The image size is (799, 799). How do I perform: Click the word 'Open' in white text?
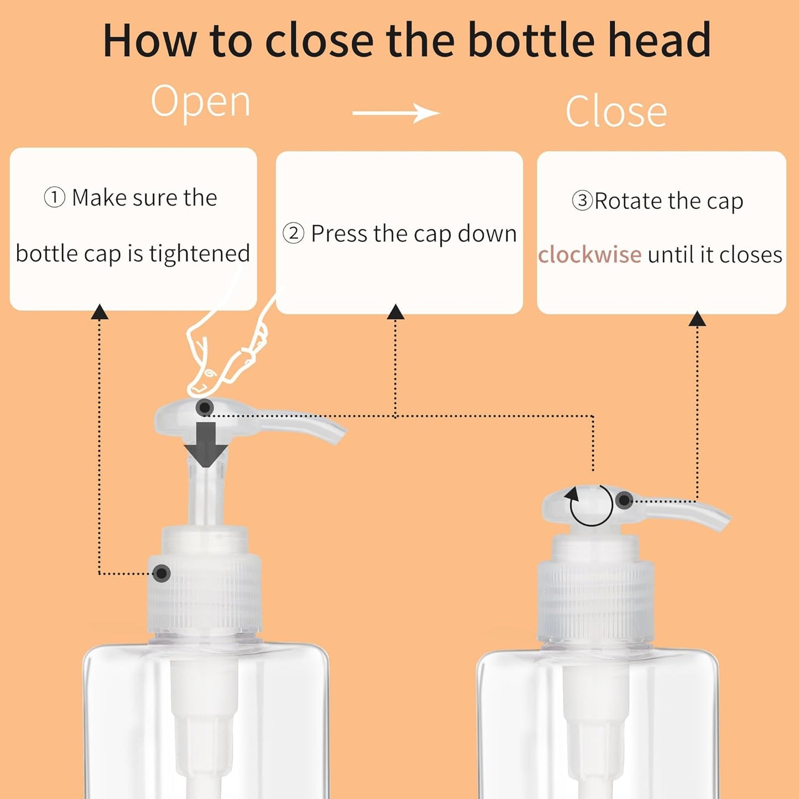(x=201, y=103)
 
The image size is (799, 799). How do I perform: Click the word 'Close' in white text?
(x=616, y=112)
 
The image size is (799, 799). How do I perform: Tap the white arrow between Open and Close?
(x=396, y=113)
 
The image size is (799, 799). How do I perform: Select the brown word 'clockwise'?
(x=589, y=255)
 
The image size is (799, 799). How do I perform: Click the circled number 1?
(x=54, y=197)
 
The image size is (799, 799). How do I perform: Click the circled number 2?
(x=293, y=233)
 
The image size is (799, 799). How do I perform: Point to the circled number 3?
(x=582, y=200)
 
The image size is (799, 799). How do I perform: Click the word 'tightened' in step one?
(x=200, y=254)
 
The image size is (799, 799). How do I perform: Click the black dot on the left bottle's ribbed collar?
(x=161, y=573)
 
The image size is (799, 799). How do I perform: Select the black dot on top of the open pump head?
(x=205, y=408)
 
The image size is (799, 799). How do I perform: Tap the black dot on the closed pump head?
(x=624, y=500)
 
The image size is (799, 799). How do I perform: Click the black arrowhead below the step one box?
(x=100, y=312)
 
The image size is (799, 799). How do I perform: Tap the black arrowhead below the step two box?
(x=395, y=312)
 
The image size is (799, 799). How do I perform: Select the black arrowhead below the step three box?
(x=697, y=318)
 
